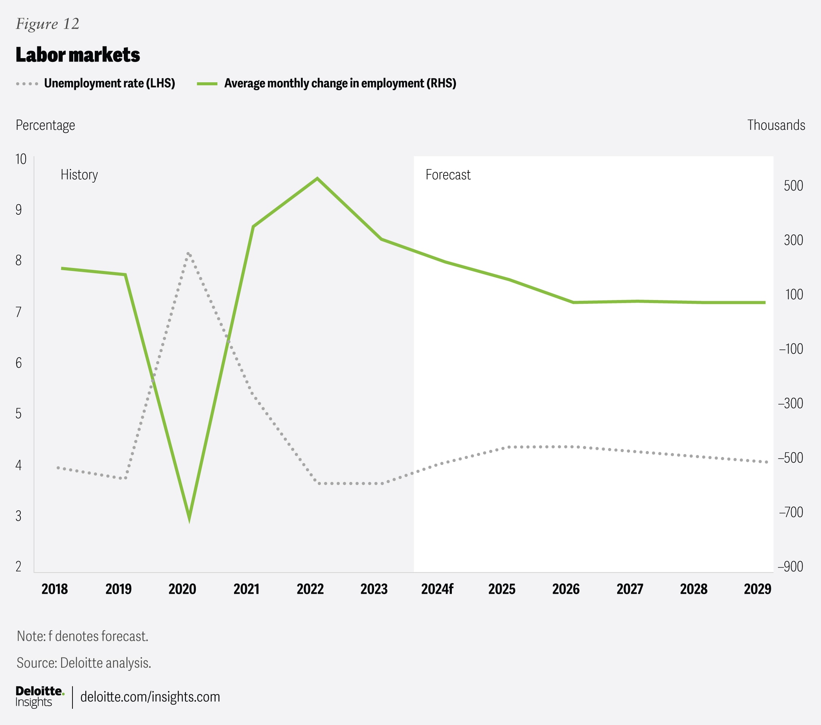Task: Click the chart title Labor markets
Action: [77, 55]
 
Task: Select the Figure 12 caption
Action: [48, 24]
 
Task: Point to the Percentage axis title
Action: [45, 125]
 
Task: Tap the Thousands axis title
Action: [776, 125]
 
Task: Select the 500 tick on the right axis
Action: [793, 186]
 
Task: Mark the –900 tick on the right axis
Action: [790, 566]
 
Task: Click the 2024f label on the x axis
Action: [437, 589]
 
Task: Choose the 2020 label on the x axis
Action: [182, 589]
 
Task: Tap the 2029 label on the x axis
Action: [757, 589]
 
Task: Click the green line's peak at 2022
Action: [317, 179]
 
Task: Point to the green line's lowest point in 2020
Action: [189, 520]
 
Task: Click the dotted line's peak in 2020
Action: [188, 254]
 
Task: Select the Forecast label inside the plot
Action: [448, 175]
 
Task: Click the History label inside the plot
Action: [79, 175]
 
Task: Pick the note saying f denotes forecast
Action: [83, 636]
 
